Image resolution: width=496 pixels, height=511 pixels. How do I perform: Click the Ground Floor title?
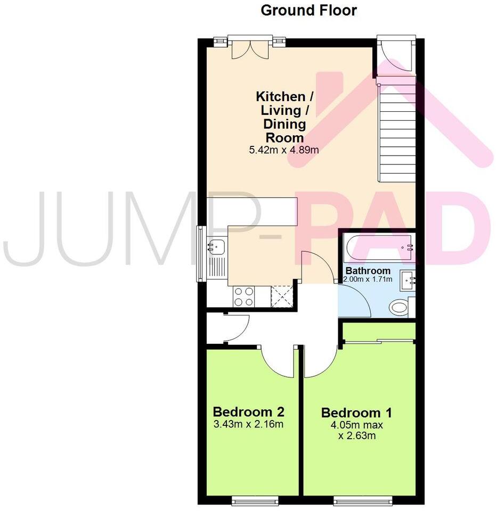[308, 10]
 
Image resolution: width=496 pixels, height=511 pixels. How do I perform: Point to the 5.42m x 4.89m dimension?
[284, 150]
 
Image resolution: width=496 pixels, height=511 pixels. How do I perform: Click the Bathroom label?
[367, 271]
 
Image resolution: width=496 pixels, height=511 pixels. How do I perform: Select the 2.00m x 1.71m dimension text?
[368, 279]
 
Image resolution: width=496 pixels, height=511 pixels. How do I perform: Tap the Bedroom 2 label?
[248, 411]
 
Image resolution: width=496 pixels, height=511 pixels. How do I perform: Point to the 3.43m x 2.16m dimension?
[248, 424]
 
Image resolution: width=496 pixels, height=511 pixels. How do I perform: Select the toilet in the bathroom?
[399, 307]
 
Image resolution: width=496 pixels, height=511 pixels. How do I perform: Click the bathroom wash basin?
[408, 279]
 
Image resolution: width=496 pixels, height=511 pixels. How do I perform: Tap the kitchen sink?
[217, 246]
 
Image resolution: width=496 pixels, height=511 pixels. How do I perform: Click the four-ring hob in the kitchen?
[243, 296]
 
